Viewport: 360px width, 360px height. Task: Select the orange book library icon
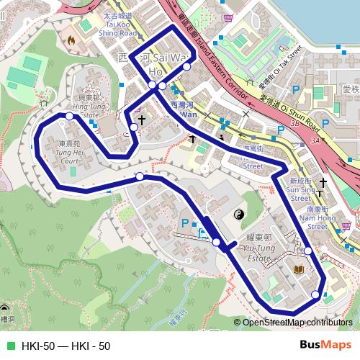pos(297,271)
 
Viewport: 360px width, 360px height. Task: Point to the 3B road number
pos(294,124)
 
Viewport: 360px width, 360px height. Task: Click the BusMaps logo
pos(324,345)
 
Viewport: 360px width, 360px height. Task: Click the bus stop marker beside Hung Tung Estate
pos(69,115)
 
